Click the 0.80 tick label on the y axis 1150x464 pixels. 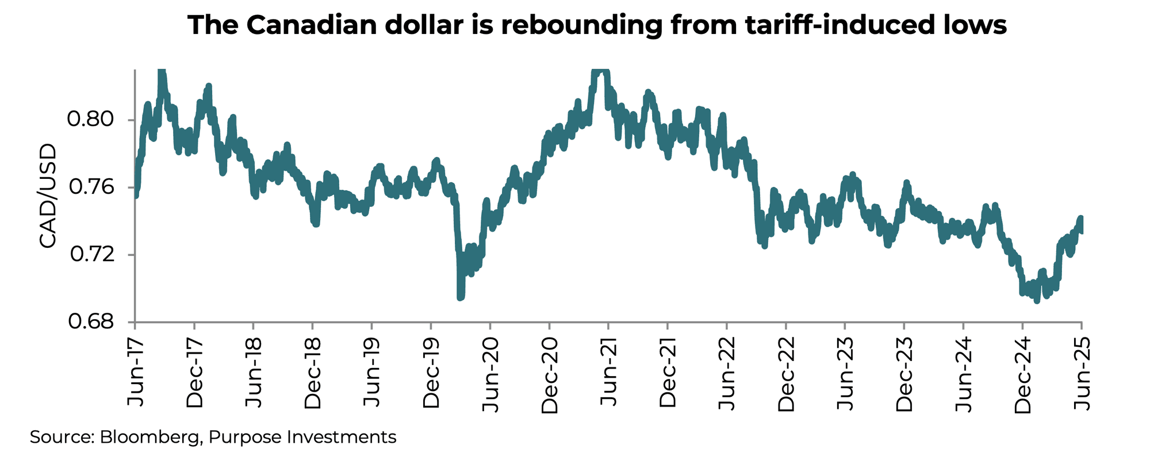tap(92, 120)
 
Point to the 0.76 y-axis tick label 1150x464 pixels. tap(92, 187)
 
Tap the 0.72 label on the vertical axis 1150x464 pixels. tap(92, 255)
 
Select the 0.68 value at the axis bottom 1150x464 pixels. tap(92, 322)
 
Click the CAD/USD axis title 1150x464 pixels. tap(49, 196)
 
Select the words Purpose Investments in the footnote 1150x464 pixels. tap(302, 437)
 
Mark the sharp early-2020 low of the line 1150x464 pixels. tap(460, 297)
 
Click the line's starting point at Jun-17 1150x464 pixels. tap(136, 195)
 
